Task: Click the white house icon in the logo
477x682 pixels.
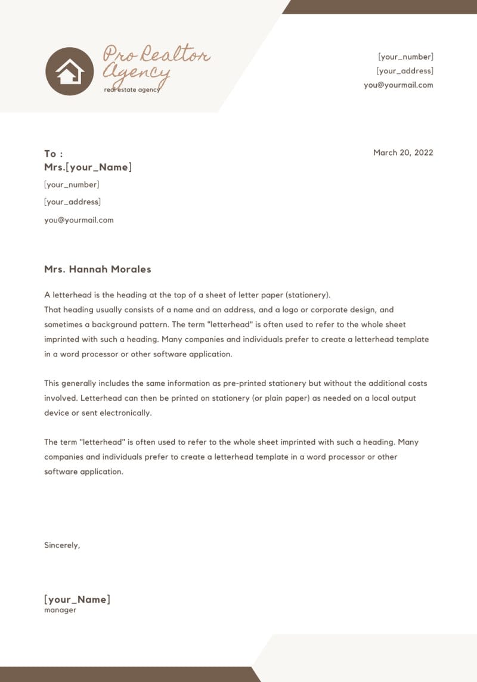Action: [70, 72]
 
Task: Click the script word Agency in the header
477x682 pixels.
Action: [136, 73]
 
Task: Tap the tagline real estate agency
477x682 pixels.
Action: [132, 89]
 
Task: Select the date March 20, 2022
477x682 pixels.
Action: [403, 153]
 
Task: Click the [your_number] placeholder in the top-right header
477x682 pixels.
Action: [405, 57]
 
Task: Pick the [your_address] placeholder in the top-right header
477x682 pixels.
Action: [405, 71]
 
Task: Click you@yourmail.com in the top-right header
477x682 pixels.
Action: [398, 85]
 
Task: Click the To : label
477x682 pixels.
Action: [54, 154]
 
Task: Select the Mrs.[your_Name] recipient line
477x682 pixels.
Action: [88, 167]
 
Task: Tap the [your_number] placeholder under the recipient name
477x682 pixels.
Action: [72, 185]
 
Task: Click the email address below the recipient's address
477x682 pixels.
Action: [79, 220]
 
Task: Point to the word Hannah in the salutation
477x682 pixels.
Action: [88, 269]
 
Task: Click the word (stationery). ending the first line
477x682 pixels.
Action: [308, 295]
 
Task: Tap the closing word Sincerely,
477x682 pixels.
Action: [62, 545]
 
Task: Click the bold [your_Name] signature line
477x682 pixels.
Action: [77, 600]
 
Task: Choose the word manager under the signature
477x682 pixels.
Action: [60, 610]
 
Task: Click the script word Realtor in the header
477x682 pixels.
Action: [175, 55]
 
